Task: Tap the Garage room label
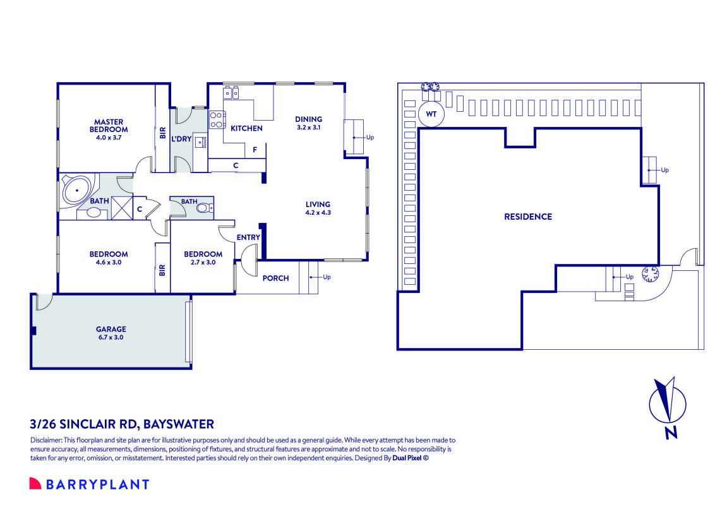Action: pyautogui.click(x=111, y=333)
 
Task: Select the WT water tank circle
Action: pyautogui.click(x=431, y=115)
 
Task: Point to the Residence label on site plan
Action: pyautogui.click(x=527, y=217)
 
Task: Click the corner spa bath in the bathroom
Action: pyautogui.click(x=76, y=190)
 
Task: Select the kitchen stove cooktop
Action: pyautogui.click(x=216, y=119)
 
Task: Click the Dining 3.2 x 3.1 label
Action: pyautogui.click(x=309, y=123)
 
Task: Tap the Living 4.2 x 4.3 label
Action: pyautogui.click(x=318, y=208)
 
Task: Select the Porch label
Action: pyautogui.click(x=275, y=278)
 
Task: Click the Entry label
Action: pyautogui.click(x=248, y=237)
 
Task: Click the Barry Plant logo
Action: pyautogui.click(x=89, y=484)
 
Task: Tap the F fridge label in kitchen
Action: pyautogui.click(x=255, y=150)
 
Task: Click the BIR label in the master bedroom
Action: pyautogui.click(x=162, y=133)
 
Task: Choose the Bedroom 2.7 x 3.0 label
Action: pyautogui.click(x=203, y=258)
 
